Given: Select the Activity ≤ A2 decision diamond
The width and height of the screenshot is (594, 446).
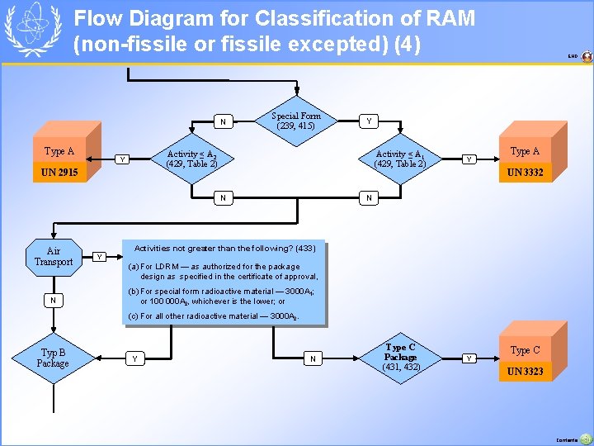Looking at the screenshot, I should click(191, 159).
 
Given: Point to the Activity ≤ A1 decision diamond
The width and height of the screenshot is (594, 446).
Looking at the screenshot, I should click(399, 159).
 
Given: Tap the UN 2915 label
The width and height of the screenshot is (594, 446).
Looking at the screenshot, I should click(60, 173).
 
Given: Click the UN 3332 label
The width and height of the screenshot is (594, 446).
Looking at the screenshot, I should click(525, 172).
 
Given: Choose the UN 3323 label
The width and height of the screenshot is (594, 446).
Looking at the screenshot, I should click(525, 372).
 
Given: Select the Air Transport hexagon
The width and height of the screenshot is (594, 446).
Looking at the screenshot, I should click(54, 257).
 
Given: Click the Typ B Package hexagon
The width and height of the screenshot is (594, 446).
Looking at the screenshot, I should click(53, 358).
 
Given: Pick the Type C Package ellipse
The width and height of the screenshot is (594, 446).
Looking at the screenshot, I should click(401, 357).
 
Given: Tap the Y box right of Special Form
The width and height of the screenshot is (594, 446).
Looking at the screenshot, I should click(369, 121).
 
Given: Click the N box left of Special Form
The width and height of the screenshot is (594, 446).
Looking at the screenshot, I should click(221, 122).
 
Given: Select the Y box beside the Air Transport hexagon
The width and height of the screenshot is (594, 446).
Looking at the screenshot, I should click(100, 256).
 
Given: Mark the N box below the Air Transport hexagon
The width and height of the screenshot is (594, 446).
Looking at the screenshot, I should click(54, 300).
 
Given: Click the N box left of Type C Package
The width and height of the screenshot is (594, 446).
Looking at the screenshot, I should click(313, 358).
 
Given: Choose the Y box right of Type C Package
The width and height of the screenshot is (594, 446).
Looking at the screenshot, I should click(469, 358).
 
